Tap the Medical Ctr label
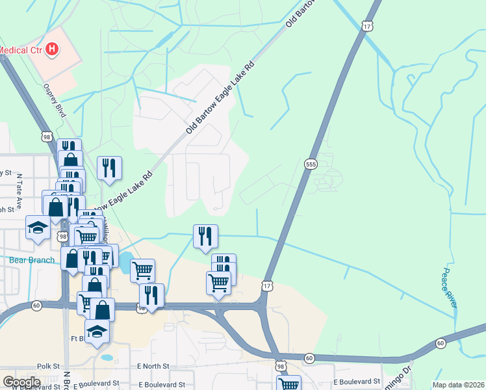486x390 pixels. point(21,49)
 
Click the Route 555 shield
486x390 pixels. point(310,164)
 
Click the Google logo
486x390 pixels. point(22,382)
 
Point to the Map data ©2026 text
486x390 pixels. point(459,385)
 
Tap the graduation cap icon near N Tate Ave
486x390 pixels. point(38,227)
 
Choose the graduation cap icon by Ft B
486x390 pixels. point(97,331)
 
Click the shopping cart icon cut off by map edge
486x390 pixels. point(288,383)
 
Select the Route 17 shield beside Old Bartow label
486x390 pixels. point(367,25)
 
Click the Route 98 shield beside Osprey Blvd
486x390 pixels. point(45,136)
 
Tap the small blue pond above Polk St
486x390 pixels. point(107,357)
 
